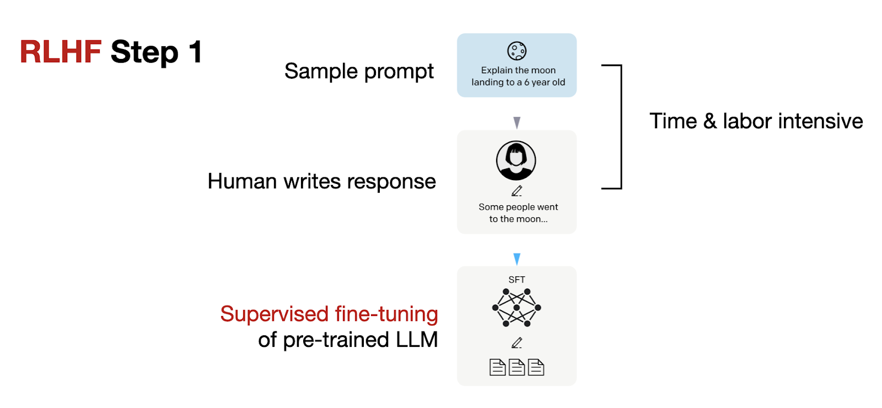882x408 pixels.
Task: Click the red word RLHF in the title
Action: click(x=61, y=52)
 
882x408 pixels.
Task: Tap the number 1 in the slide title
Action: click(x=195, y=52)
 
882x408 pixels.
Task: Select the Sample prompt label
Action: click(x=359, y=72)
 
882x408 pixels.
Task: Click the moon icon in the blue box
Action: click(x=517, y=51)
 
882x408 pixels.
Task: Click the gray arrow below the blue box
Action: click(x=517, y=122)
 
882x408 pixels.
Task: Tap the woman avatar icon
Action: click(x=516, y=160)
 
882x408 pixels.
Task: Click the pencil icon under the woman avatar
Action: click(x=517, y=191)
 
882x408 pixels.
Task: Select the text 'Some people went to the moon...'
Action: click(x=518, y=213)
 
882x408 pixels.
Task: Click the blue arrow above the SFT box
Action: click(x=517, y=259)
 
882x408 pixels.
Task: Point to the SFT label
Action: click(x=517, y=280)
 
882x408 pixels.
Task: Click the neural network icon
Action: click(x=517, y=307)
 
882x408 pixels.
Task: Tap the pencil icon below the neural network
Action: click(x=517, y=343)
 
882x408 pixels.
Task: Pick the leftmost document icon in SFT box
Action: click(x=497, y=367)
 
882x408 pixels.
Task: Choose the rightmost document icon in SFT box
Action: click(x=536, y=367)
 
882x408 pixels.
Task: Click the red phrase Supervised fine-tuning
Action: click(x=329, y=314)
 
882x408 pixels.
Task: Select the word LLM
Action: click(x=416, y=340)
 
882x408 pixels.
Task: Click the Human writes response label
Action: click(x=321, y=181)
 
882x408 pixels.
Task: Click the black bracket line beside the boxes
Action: click(x=621, y=127)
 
